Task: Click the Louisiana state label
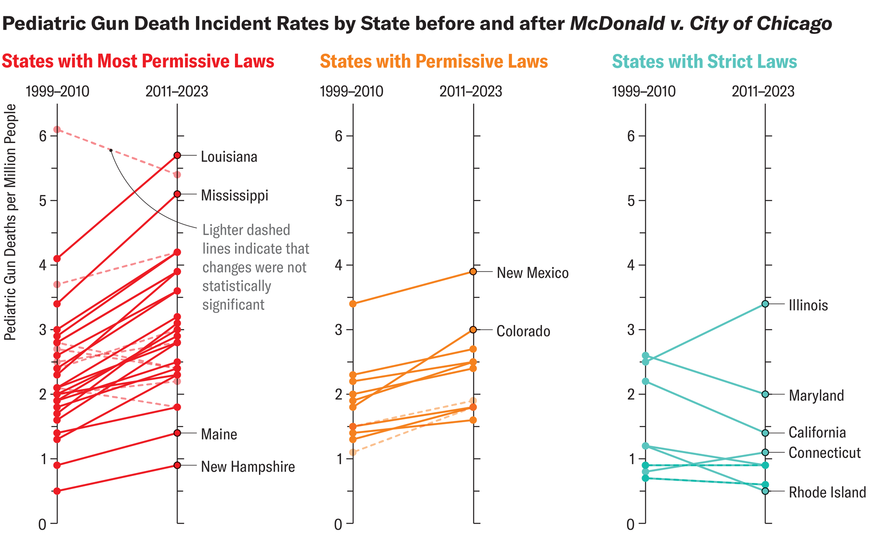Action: click(229, 157)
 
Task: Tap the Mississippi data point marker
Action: click(177, 194)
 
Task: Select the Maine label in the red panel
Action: click(219, 434)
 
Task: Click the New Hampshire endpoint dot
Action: click(177, 465)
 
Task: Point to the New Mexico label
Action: click(532, 273)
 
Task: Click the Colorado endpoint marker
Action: click(473, 330)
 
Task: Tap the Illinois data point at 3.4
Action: click(765, 304)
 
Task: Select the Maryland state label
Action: click(816, 396)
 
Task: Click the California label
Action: click(817, 433)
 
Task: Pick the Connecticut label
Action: click(824, 453)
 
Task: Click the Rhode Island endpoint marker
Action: click(765, 491)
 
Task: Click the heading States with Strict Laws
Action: click(704, 62)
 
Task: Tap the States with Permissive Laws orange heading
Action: click(434, 62)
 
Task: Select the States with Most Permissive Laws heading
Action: click(138, 62)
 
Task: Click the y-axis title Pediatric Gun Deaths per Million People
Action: click(10, 222)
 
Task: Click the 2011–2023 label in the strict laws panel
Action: click(763, 92)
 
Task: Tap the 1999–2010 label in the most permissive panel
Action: click(57, 92)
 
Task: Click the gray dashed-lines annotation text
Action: click(255, 267)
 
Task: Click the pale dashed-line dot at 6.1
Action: click(57, 129)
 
